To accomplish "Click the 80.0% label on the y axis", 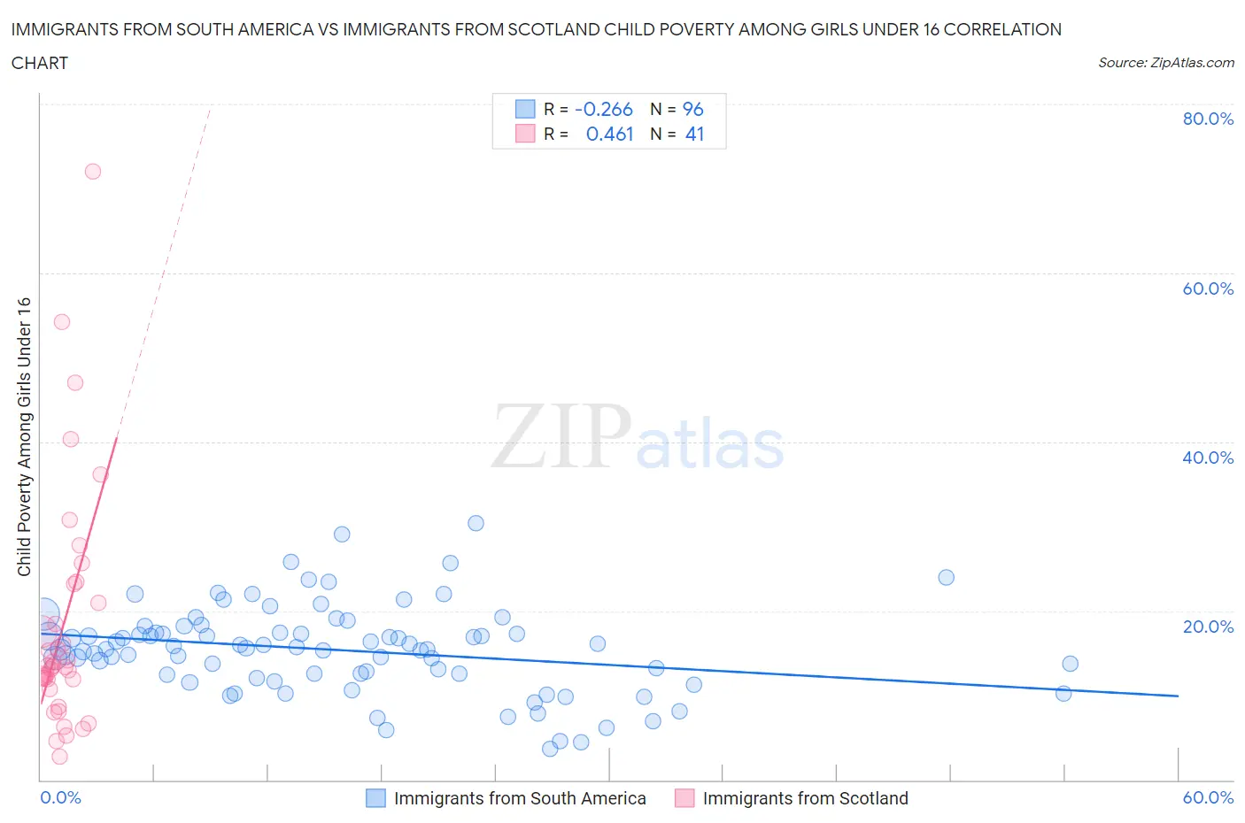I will click(x=1208, y=119).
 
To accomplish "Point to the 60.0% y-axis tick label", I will click(x=1208, y=288).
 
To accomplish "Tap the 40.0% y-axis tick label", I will click(x=1208, y=458).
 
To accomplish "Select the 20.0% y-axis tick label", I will click(x=1208, y=627).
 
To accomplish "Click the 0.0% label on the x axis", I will click(x=60, y=797).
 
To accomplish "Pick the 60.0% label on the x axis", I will click(x=1208, y=797).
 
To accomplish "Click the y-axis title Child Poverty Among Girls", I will click(x=24, y=436).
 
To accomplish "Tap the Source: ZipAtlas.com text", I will click(x=1165, y=63).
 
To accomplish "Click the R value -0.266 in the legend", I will click(x=603, y=110).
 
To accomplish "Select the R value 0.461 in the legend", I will click(x=609, y=135).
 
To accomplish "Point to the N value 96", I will click(x=692, y=110).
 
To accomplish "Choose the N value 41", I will click(x=694, y=135).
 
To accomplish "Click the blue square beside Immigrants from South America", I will click(x=375, y=798).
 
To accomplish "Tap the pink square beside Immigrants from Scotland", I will click(x=684, y=798).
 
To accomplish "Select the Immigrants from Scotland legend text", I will click(x=805, y=798).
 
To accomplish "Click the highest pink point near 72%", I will click(x=93, y=172).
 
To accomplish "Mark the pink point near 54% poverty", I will click(x=62, y=322).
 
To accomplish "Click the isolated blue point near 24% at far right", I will click(x=946, y=578).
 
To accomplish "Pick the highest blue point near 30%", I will click(x=476, y=523).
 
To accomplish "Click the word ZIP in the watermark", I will click(x=561, y=436).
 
